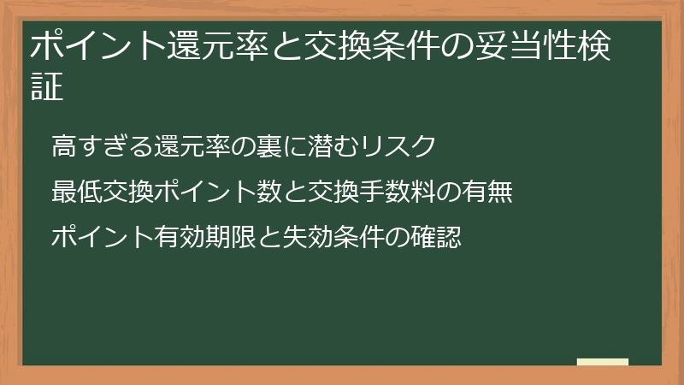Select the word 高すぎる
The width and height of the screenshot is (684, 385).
[103, 146]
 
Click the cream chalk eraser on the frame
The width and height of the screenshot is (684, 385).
[603, 363]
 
